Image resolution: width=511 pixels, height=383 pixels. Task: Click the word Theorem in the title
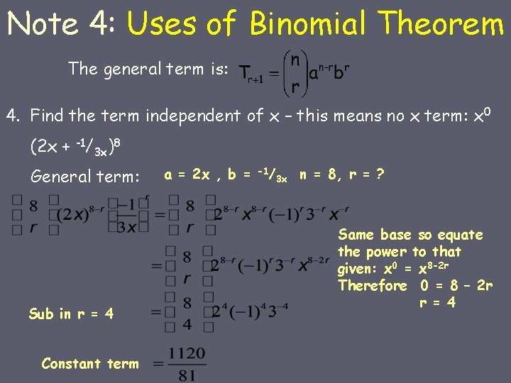(441, 24)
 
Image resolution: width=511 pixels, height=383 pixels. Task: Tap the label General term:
(86, 176)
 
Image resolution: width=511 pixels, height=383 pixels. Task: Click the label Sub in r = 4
(71, 313)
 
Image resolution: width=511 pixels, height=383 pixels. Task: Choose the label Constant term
(90, 364)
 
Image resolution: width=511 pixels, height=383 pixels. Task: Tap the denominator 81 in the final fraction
(187, 374)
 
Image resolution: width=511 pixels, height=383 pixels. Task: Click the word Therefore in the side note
(373, 286)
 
